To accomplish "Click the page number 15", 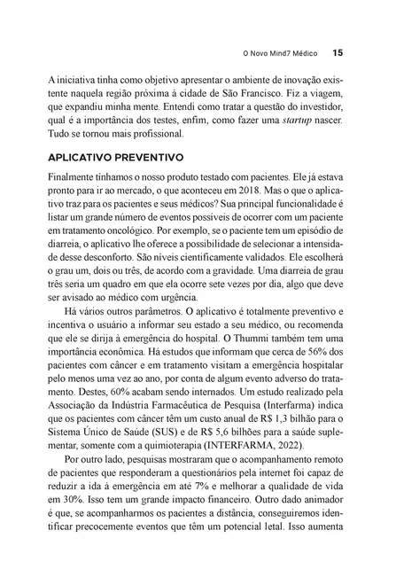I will (338, 51).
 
